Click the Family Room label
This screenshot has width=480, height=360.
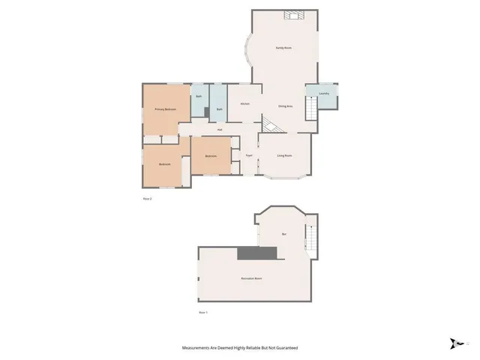click(283, 48)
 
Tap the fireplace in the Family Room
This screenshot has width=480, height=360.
click(291, 14)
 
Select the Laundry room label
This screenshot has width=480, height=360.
click(324, 94)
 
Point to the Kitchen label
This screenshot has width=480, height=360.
click(244, 103)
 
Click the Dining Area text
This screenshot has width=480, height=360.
click(285, 106)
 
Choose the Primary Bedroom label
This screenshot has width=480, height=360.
click(165, 109)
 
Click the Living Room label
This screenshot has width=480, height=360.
click(284, 155)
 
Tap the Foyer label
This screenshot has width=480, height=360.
click(248, 155)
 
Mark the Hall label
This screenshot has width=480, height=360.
click(220, 130)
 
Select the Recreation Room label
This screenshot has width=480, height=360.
click(251, 278)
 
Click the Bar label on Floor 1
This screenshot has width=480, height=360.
click(284, 235)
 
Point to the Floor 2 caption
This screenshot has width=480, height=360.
click(147, 199)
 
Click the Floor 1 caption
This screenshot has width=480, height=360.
click(202, 311)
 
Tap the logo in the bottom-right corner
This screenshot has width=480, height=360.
click(455, 343)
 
